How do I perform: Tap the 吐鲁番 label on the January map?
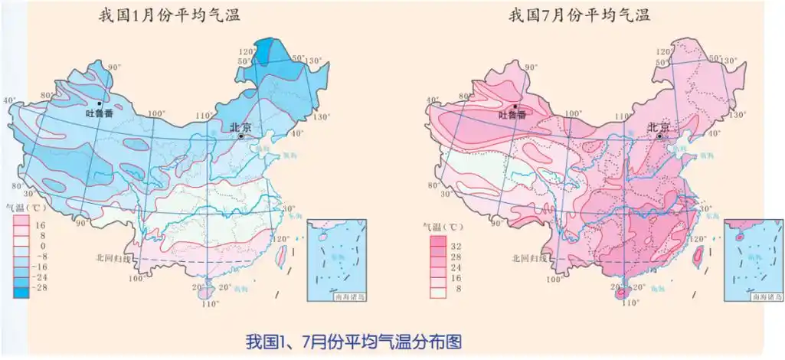(99, 114)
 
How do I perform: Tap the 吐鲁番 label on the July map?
(513, 115)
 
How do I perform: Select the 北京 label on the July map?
(658, 127)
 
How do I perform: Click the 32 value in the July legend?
(457, 247)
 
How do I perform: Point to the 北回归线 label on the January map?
(113, 259)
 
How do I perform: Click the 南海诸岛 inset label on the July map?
(765, 293)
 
